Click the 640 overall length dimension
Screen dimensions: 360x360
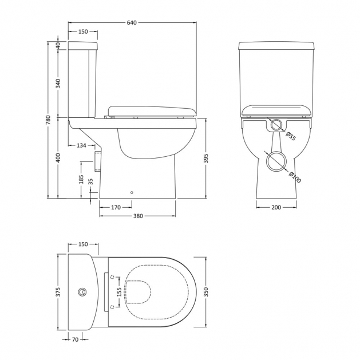[132, 23]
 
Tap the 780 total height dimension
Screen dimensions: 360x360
[48, 120]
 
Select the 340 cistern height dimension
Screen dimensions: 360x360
[58, 84]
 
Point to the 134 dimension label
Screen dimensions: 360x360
[81, 145]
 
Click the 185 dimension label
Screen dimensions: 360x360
[81, 180]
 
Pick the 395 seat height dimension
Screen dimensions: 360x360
[206, 159]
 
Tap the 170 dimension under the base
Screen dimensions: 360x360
[116, 208]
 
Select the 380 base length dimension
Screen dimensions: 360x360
[138, 216]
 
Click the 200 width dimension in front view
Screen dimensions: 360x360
[276, 208]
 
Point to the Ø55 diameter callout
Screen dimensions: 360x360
[290, 136]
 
